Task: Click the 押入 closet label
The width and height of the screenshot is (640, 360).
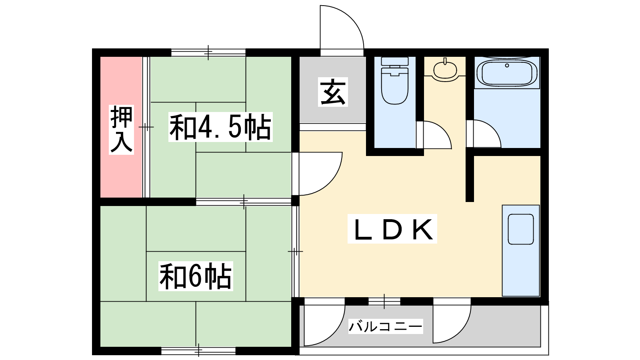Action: coord(122,129)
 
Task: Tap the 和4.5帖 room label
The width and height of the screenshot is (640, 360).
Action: coord(220,127)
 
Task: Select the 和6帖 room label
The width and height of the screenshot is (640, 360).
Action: coord(196,276)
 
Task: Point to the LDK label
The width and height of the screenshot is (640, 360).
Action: coord(392,229)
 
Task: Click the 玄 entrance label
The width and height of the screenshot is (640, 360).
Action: coord(333,92)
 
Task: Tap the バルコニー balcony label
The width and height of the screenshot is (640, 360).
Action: coord(385,327)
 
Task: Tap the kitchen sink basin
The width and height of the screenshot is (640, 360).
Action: coord(521,229)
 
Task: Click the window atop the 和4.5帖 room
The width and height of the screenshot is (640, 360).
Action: coord(208,52)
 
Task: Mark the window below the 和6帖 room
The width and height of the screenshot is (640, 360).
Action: coord(198,351)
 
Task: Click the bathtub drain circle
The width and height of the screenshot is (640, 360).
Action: coord(507,65)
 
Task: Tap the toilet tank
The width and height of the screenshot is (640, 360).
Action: coord(394,62)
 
